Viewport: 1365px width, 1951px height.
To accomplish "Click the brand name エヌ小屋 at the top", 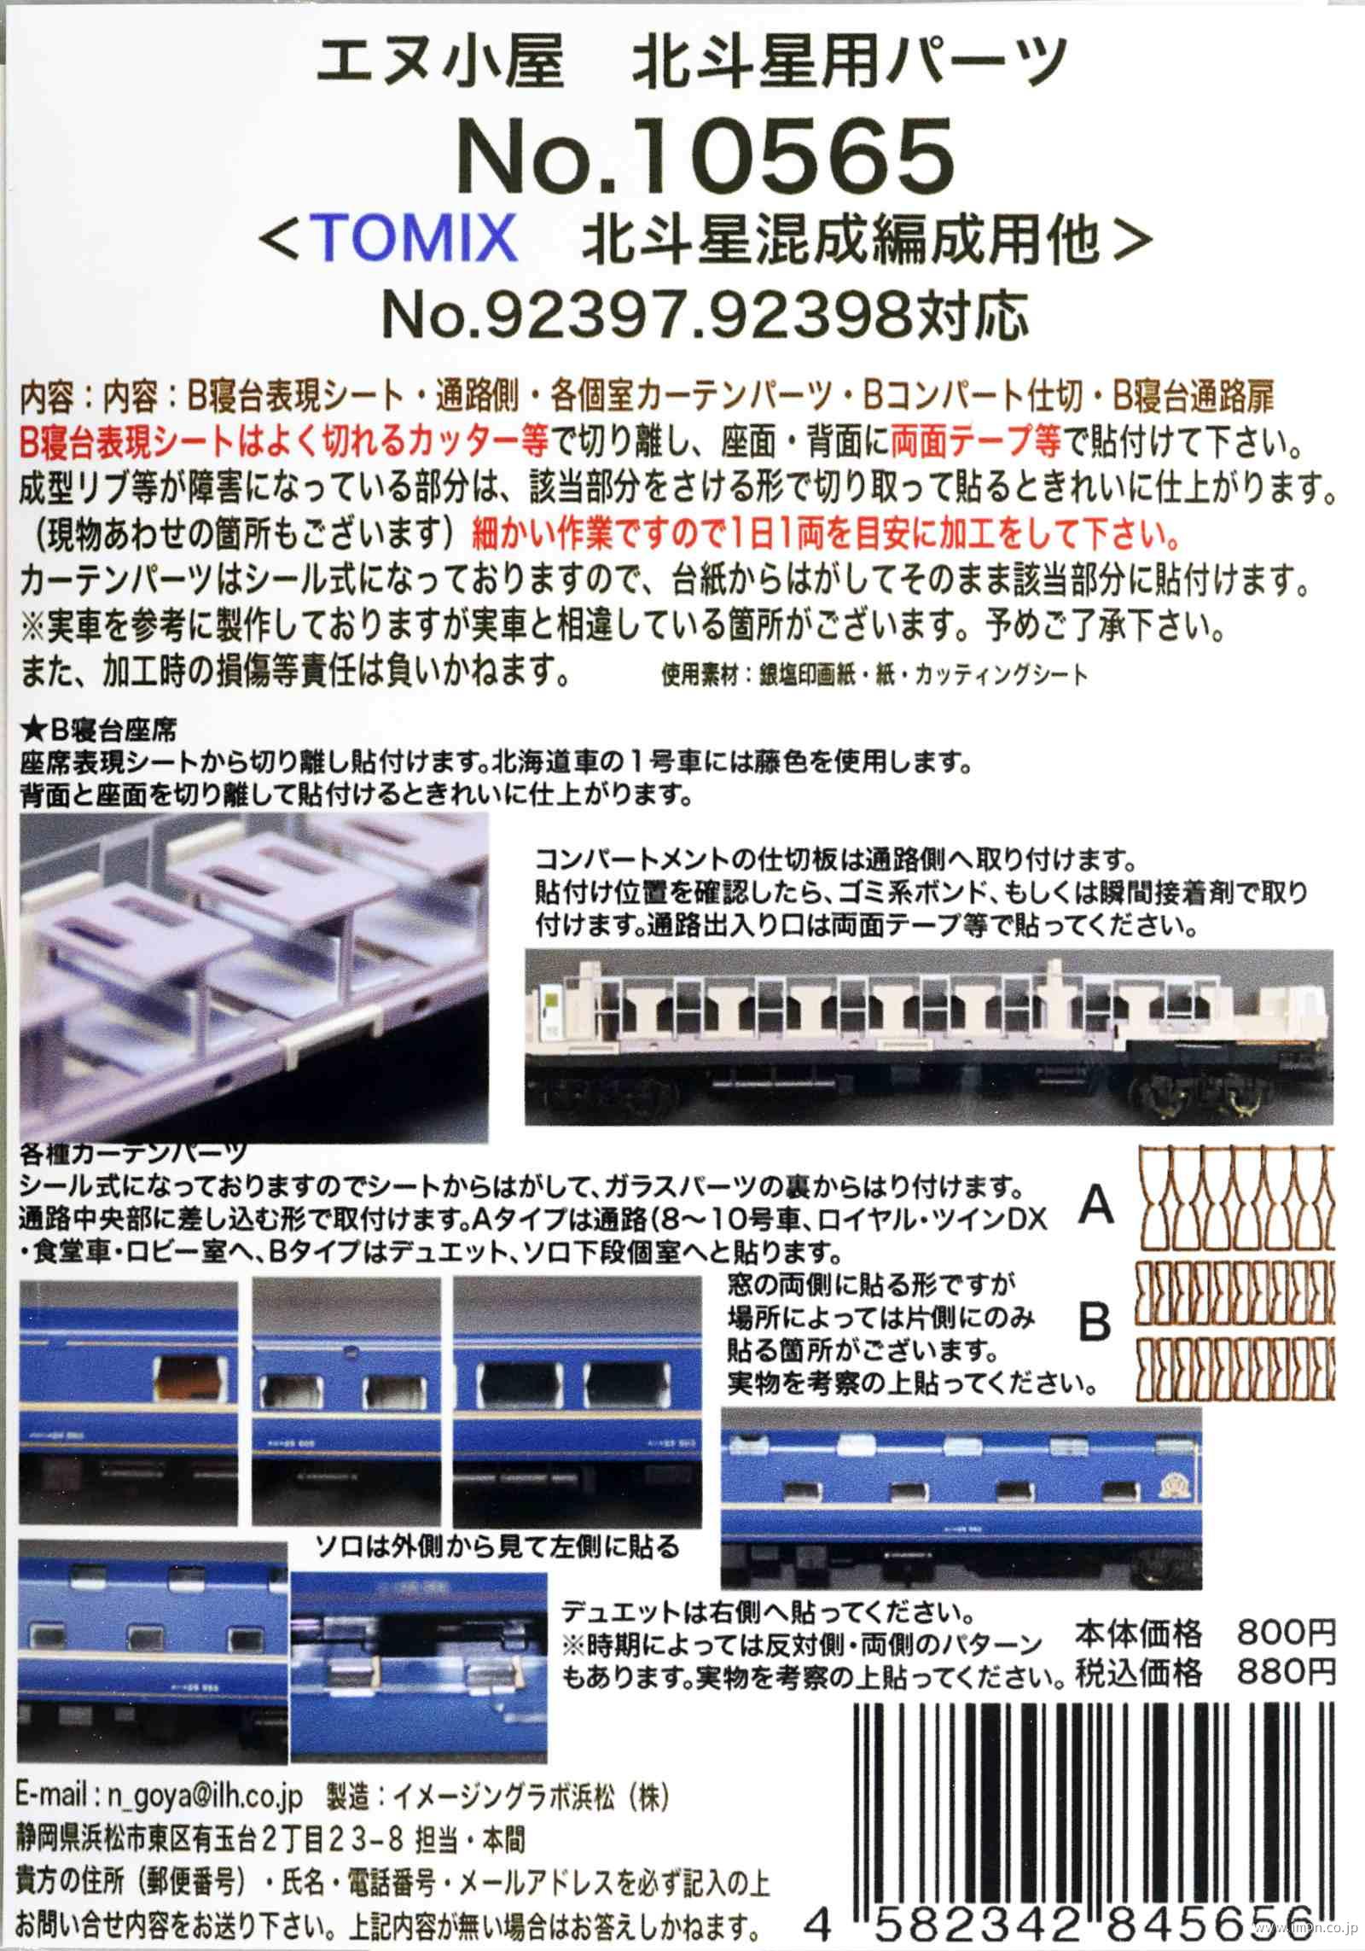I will coord(440,64).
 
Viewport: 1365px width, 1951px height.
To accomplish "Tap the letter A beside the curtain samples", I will coord(1095,1205).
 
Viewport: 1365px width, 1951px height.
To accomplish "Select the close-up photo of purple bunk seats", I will coord(253,977).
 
